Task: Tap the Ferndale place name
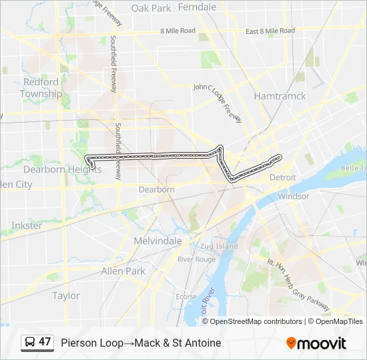197,7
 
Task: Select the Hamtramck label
280,96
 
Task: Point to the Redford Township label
41,87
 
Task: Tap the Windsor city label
293,197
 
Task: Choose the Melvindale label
157,241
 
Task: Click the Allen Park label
123,271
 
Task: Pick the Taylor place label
65,295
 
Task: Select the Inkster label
27,225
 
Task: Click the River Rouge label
196,259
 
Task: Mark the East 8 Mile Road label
270,31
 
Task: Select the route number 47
45,342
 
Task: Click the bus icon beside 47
30,343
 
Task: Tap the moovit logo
316,343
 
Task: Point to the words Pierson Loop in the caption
91,343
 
